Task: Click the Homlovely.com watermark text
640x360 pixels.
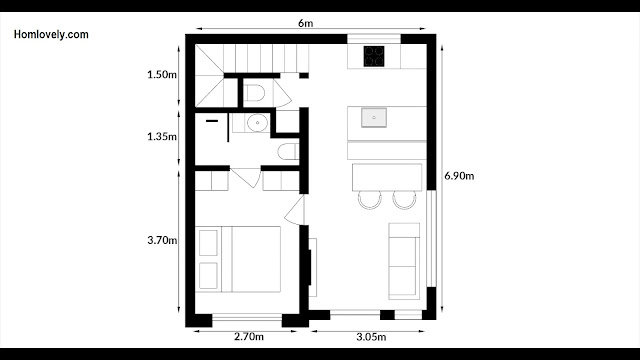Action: coord(51,35)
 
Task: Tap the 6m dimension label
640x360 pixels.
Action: coord(305,23)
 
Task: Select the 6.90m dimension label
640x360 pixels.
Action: coord(459,176)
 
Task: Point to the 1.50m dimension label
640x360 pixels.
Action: coord(162,75)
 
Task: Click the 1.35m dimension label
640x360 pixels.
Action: coord(162,137)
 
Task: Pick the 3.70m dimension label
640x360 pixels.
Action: coord(162,240)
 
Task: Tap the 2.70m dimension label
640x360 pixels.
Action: coord(249,337)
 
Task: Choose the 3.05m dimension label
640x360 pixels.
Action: coord(371,337)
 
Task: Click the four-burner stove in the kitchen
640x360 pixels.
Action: coord(374,56)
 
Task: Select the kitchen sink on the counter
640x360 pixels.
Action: coord(374,118)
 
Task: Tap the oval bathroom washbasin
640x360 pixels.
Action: coord(258,122)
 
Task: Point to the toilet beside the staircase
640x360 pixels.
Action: coord(254,93)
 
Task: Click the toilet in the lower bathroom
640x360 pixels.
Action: coord(289,152)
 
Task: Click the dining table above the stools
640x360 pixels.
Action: coord(387,178)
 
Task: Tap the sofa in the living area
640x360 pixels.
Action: coord(404,261)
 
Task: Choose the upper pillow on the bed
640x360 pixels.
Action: coord(208,243)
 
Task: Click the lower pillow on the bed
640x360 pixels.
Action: coord(208,276)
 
